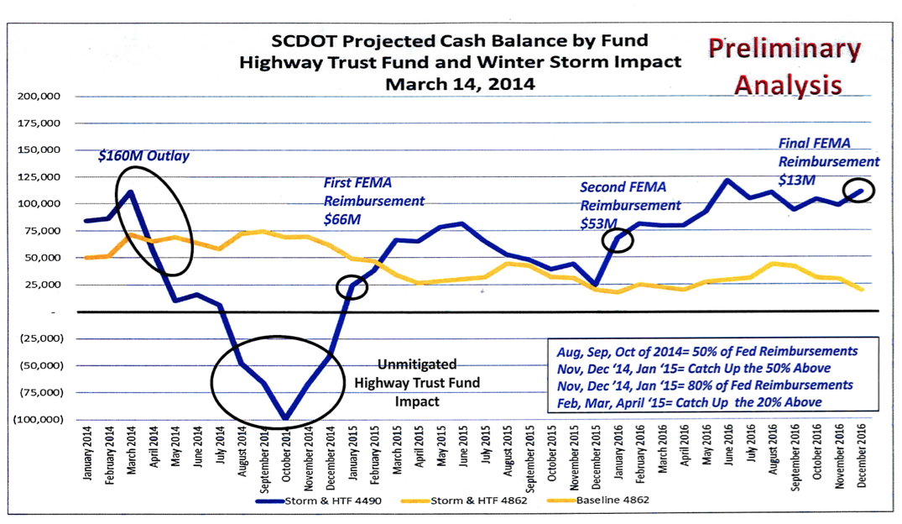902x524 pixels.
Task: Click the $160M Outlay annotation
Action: tap(143, 156)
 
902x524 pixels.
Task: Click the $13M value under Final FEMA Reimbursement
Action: tap(796, 180)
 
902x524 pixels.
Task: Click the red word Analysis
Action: tap(789, 84)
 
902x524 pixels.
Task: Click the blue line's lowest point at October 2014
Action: tap(285, 418)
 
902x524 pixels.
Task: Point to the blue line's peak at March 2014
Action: tap(130, 192)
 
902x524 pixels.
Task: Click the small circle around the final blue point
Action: tap(858, 191)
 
